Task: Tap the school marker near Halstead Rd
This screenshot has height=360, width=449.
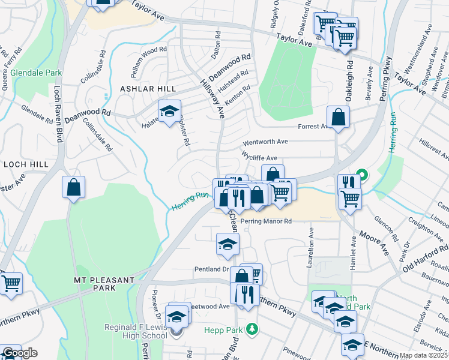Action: [170, 111]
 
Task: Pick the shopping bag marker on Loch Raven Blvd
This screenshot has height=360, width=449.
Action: [73, 187]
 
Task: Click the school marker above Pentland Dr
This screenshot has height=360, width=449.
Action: [228, 244]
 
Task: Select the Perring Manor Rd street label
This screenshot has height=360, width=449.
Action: [266, 221]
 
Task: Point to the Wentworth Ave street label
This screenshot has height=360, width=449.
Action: [265, 142]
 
